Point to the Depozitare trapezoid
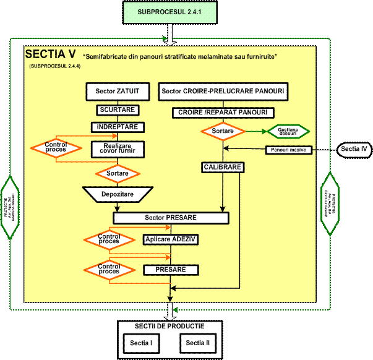point(118,194)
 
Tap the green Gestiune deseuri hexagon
point(288,132)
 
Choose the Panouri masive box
point(289,150)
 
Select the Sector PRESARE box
point(171,218)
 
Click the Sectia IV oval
point(354,149)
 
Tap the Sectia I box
point(142,342)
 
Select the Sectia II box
point(198,342)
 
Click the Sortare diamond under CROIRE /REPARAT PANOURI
point(223,132)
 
